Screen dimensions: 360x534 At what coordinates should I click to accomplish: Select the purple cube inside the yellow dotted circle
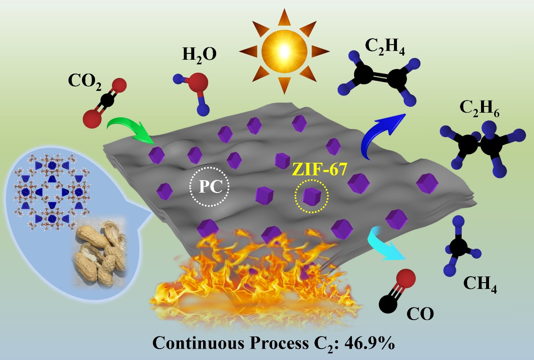coord(311,196)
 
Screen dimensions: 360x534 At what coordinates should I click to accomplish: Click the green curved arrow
coord(126,128)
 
